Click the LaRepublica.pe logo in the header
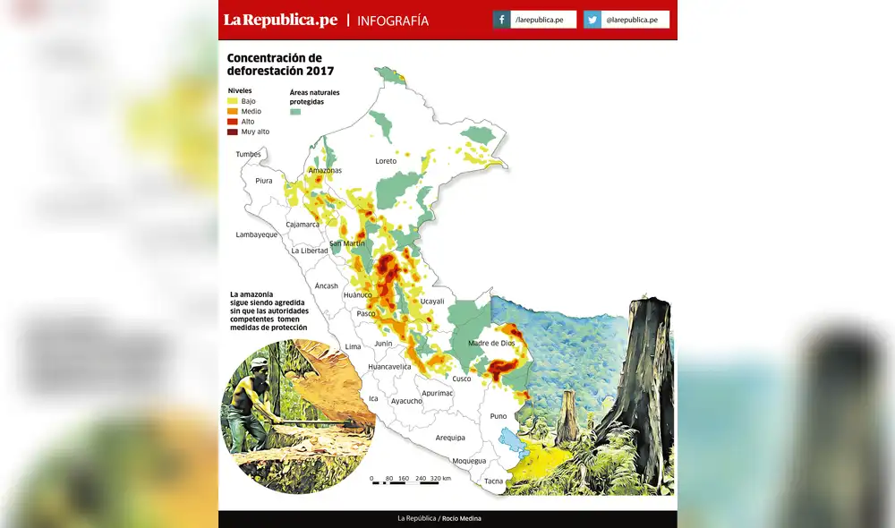(280, 20)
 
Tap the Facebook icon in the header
(502, 20)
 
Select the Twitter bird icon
(592, 20)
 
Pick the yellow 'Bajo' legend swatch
(233, 101)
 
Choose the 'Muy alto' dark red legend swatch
(233, 132)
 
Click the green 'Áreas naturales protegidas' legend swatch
(296, 112)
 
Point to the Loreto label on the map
(386, 161)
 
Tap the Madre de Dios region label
(491, 343)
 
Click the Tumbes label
(248, 154)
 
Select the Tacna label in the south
(493, 481)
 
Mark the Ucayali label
(432, 302)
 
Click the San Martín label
(347, 243)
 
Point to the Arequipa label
(450, 438)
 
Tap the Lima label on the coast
(353, 346)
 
